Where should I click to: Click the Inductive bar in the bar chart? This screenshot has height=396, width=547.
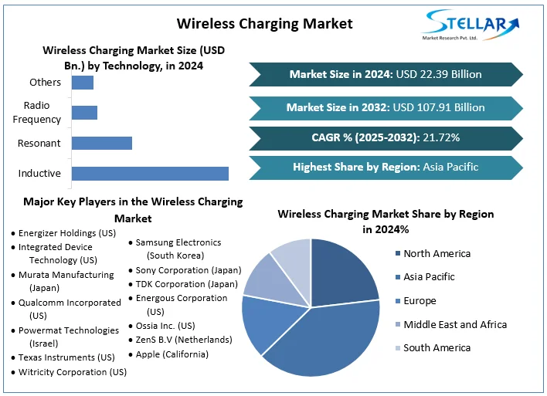pyautogui.click(x=150, y=174)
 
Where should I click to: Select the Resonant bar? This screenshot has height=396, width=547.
pyautogui.click(x=102, y=143)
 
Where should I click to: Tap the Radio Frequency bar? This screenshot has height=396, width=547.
pyautogui.click(x=84, y=113)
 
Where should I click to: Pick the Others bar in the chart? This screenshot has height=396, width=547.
pyautogui.click(x=83, y=83)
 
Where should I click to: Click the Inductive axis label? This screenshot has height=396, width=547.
pyautogui.click(x=39, y=174)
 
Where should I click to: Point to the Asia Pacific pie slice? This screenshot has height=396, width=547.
pyautogui.click(x=324, y=340)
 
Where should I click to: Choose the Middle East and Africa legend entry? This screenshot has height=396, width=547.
pyautogui.click(x=455, y=324)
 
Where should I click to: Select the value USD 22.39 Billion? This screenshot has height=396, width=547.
pyautogui.click(x=438, y=75)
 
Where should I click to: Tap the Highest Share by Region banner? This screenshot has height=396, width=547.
pyautogui.click(x=385, y=167)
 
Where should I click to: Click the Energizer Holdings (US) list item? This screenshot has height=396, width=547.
pyautogui.click(x=67, y=233)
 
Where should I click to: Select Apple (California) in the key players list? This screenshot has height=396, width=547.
pyautogui.click(x=172, y=354)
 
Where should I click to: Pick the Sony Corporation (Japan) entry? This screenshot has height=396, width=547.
pyautogui.click(x=188, y=270)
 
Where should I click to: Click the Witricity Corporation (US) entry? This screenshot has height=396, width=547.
pyautogui.click(x=73, y=372)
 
